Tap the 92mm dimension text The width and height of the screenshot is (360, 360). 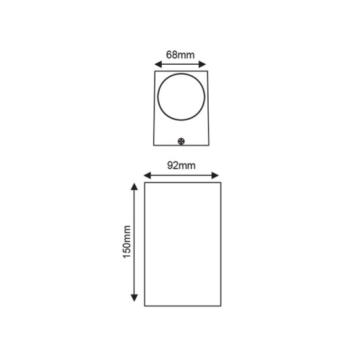[180, 164]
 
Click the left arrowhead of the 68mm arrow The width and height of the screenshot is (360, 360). [156, 64]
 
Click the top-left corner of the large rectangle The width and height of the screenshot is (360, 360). [143, 184]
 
